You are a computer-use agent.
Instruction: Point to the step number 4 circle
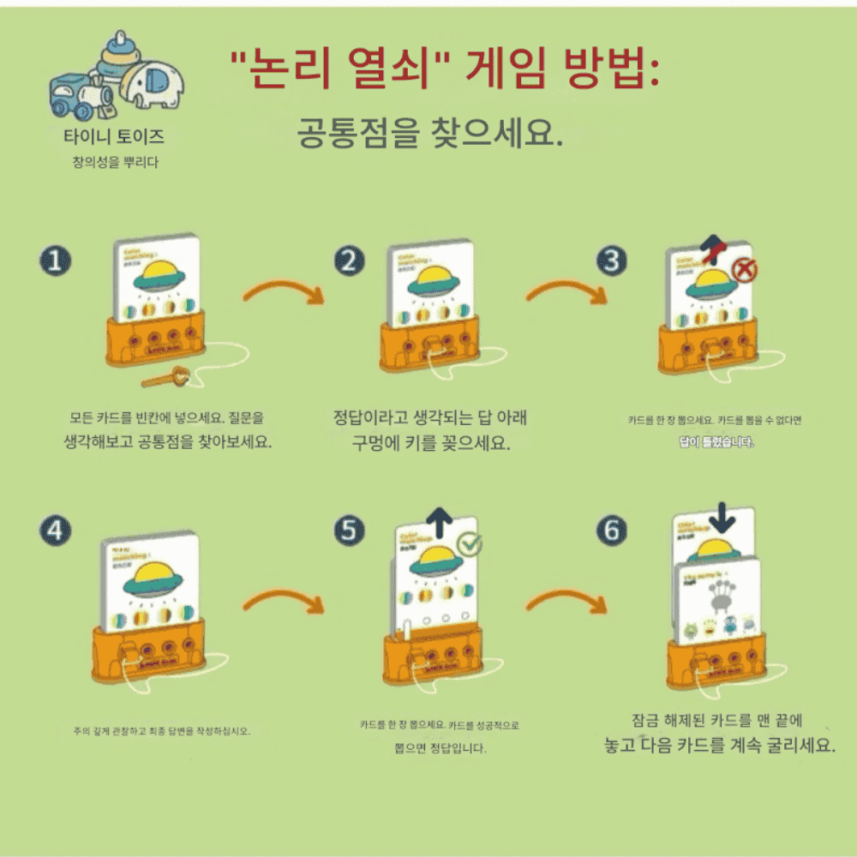coord(56,531)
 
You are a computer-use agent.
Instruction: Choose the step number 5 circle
coord(348,531)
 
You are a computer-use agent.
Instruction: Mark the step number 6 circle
coord(610,531)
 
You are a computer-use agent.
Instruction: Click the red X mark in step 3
coord(744,271)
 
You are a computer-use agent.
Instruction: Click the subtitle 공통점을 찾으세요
coord(428,135)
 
